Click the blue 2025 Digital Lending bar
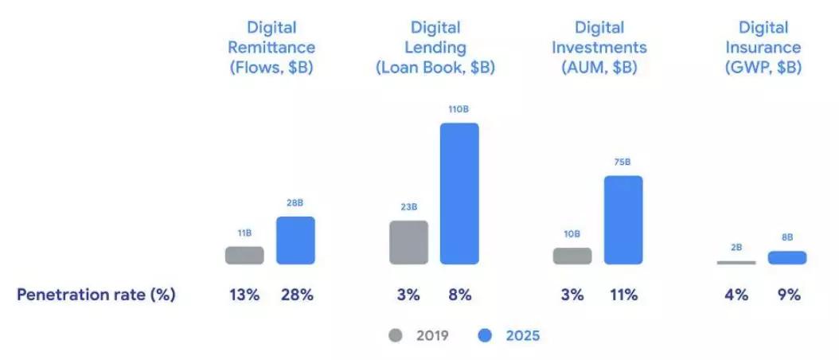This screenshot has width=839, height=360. click(459, 194)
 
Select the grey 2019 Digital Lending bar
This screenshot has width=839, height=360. click(408, 242)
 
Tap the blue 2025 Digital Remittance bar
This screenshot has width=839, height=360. click(295, 240)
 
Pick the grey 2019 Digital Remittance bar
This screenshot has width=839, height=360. click(244, 255)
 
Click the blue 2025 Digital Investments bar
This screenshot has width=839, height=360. click(623, 220)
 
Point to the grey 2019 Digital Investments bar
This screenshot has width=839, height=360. click(572, 256)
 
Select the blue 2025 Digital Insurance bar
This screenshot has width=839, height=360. click(787, 257)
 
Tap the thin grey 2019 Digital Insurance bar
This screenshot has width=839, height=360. click(736, 262)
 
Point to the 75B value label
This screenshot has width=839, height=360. click(623, 162)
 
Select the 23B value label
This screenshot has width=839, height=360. click(408, 207)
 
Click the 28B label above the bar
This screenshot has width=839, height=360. click(295, 203)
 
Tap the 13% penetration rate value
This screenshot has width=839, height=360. click(244, 295)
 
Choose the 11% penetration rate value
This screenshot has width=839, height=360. click(623, 295)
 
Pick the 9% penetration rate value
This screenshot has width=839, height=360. click(787, 295)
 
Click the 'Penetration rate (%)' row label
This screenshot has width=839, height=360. click(96, 295)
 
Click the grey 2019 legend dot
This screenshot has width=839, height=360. click(396, 335)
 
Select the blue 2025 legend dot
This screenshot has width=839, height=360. click(485, 335)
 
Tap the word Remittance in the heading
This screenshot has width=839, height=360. click(271, 48)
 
